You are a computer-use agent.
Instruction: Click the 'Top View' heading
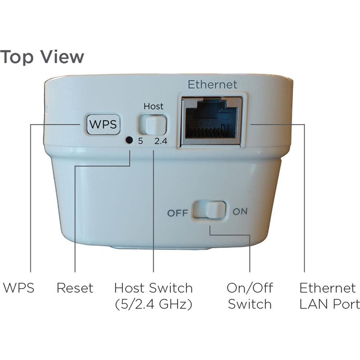click(42, 57)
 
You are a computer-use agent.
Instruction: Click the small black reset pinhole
click(128, 140)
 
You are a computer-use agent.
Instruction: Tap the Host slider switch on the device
click(153, 125)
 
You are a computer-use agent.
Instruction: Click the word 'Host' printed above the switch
click(153, 107)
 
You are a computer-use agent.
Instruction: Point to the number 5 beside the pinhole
click(140, 141)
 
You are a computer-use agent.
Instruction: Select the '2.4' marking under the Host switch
click(161, 141)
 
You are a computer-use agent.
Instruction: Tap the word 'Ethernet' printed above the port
click(212, 85)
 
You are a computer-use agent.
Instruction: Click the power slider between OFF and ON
click(209, 210)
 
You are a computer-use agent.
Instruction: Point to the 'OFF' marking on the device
click(177, 213)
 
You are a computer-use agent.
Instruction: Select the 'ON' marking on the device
click(240, 211)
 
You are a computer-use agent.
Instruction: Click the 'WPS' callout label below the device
click(18, 288)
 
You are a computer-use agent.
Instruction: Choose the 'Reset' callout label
click(75, 288)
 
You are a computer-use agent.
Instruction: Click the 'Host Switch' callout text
click(153, 288)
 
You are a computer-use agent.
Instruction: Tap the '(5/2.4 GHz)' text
click(153, 305)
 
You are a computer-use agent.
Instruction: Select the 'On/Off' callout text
click(249, 288)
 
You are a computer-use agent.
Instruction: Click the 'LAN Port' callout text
click(329, 305)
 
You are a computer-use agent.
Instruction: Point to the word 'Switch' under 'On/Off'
click(249, 305)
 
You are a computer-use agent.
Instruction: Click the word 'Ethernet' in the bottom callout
click(328, 288)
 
